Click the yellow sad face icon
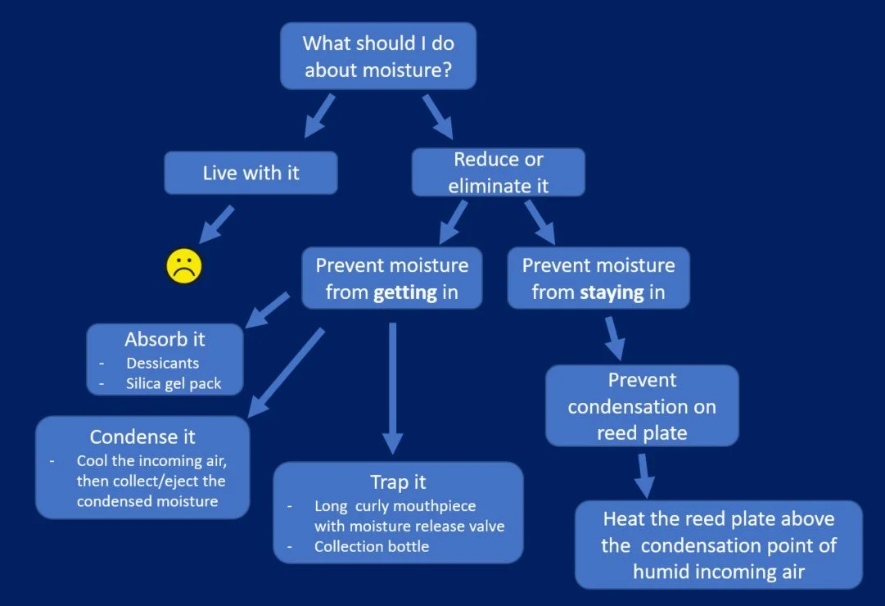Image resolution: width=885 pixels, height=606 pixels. (184, 266)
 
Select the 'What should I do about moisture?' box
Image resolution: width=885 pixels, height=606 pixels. (377, 56)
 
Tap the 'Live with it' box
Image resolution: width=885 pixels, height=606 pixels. (251, 173)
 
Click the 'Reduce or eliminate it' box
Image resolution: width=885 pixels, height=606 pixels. (498, 172)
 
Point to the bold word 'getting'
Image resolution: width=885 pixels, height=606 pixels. (404, 292)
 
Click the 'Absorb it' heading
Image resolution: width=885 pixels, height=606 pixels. (165, 339)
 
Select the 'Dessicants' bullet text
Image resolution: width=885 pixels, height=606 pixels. (162, 363)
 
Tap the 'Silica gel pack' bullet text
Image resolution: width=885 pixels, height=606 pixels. (174, 383)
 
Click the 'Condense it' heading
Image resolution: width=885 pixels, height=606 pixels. (142, 436)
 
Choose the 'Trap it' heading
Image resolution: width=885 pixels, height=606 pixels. (398, 482)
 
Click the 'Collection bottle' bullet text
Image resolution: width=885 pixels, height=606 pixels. (371, 546)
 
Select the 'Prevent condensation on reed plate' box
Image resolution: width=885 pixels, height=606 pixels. (642, 406)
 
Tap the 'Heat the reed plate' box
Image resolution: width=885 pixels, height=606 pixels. (718, 545)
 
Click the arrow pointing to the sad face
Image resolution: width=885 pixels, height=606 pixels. (216, 224)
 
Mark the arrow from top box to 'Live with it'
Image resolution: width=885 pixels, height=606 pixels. (319, 115)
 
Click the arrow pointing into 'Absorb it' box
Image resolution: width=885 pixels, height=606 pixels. (267, 310)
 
